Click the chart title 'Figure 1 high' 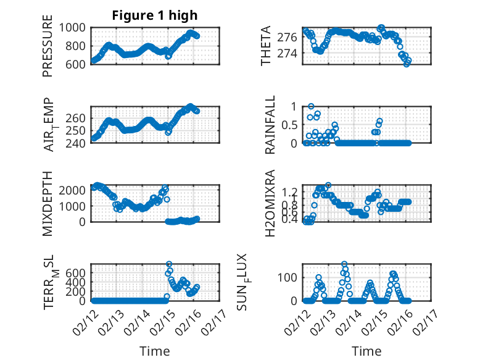coord(155,15)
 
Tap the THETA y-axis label coord(266,46)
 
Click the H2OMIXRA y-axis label coord(270,203)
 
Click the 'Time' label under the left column coord(155,351)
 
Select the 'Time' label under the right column coord(366,351)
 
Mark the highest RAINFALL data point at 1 coord(312,106)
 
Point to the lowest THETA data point coord(407,64)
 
